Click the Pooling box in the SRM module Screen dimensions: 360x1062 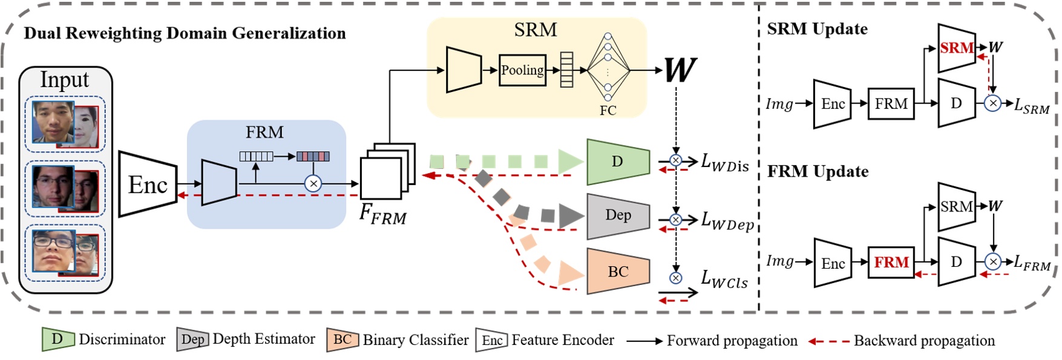pos(522,70)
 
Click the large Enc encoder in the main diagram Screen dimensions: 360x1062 pos(148,185)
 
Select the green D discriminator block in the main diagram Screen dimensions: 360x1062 pos(617,162)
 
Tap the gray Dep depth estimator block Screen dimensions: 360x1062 pos(618,215)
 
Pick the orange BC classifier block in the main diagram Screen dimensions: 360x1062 pos(618,272)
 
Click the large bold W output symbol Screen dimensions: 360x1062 pos(680,70)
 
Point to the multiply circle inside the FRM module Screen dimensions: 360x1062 pos(313,183)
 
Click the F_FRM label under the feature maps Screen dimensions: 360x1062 pos(382,215)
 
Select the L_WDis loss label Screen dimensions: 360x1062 pos(724,163)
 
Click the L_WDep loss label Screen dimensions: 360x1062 pos(727,221)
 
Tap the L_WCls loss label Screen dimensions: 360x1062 pos(724,280)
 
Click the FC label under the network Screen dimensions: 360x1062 pos(608,111)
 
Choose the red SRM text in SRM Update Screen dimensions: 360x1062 pos(957,48)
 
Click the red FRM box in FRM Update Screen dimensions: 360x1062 pos(891,263)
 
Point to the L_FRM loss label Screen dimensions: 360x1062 pos(1032,264)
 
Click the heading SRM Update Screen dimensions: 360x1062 pos(817,29)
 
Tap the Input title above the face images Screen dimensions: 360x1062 pos(65,80)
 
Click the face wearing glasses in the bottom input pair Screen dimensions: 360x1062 pos(53,250)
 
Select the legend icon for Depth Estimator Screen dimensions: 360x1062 pos(192,339)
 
